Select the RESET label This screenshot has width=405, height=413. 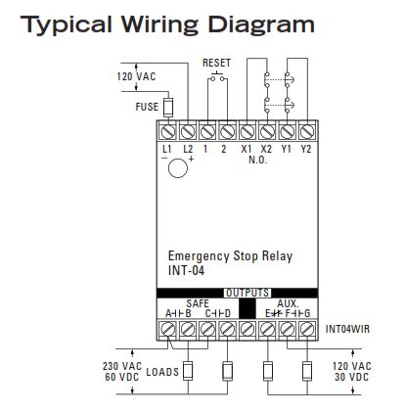tap(216, 63)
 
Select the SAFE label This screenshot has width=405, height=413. tap(198, 302)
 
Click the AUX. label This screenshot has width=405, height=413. tap(288, 302)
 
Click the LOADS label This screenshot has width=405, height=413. tap(162, 372)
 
